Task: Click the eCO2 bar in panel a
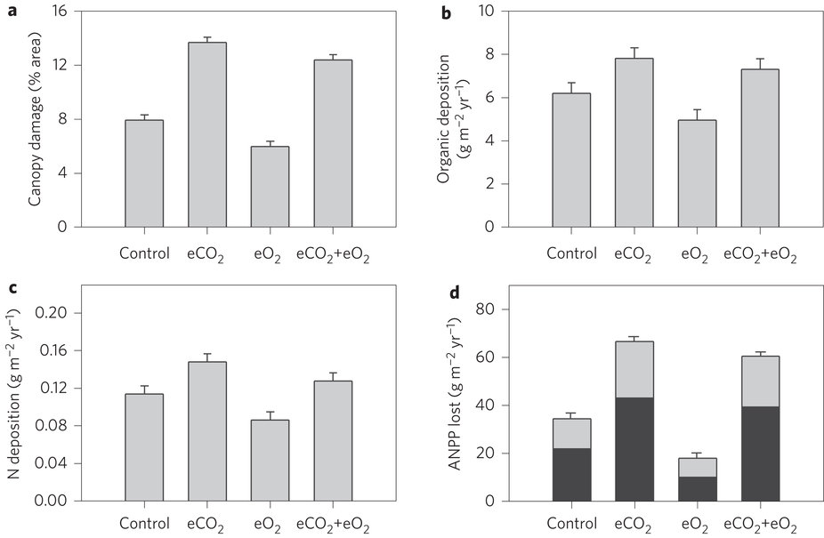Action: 207,134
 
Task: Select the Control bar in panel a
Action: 144,173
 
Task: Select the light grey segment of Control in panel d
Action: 571,433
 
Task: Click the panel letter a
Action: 12,12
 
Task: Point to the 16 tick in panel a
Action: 61,12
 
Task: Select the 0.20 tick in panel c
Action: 53,314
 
